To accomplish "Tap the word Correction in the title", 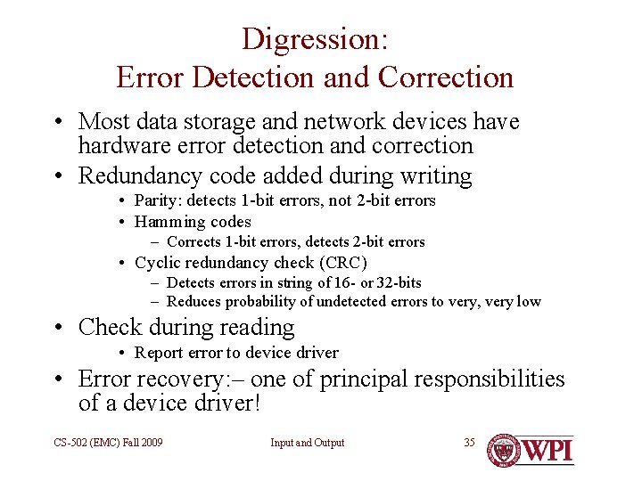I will [x=446, y=77].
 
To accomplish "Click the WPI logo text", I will [x=547, y=449].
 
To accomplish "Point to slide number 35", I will [x=469, y=443].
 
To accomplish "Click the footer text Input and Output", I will [x=308, y=443].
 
